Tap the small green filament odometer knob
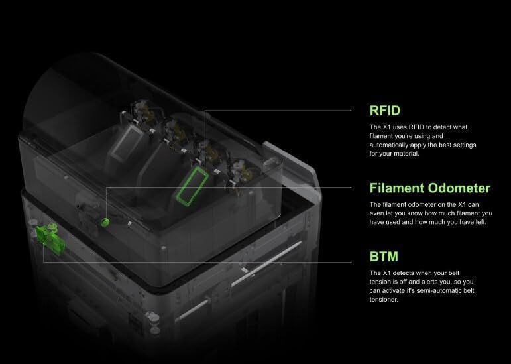point(105,222)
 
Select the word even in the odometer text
point(379,214)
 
